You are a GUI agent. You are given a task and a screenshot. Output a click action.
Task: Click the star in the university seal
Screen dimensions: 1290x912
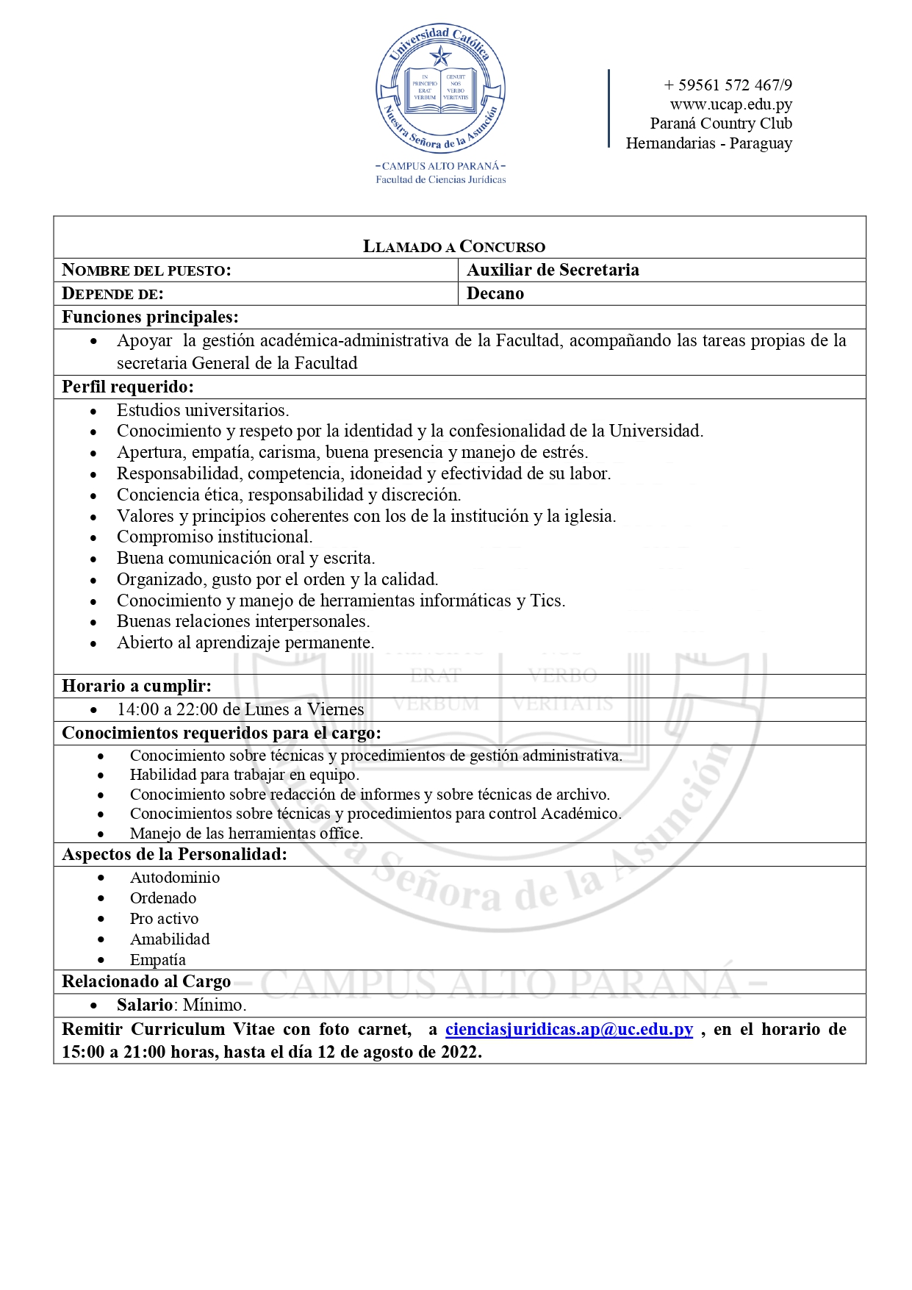click(440, 56)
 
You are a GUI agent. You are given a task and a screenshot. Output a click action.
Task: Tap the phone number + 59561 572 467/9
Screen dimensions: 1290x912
click(728, 85)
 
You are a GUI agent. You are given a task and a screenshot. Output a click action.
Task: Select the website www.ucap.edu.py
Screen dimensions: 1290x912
click(730, 104)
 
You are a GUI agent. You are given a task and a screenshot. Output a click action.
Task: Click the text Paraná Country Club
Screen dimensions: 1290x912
click(721, 123)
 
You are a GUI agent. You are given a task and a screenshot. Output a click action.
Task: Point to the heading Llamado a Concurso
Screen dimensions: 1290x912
click(454, 246)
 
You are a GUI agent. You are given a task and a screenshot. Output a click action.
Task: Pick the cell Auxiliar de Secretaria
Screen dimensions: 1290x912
click(553, 270)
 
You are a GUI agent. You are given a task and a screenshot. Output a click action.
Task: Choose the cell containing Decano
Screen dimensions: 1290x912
click(495, 293)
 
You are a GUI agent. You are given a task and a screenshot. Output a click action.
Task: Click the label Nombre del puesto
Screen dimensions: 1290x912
click(146, 270)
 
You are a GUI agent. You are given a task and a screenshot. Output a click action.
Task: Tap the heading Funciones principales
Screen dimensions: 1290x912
click(150, 317)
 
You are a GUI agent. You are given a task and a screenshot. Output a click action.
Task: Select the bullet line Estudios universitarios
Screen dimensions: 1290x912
click(203, 410)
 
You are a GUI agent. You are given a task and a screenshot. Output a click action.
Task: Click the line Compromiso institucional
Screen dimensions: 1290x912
click(215, 537)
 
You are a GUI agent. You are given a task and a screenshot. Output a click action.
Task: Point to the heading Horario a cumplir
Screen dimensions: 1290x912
click(137, 686)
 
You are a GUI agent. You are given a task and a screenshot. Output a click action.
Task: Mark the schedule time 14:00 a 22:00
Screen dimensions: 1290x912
click(168, 709)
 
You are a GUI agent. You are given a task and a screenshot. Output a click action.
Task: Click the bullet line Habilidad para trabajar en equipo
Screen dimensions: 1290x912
click(245, 775)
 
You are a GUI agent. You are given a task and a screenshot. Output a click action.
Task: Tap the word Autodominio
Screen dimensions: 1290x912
click(175, 878)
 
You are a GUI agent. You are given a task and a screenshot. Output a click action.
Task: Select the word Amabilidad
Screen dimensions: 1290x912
click(170, 939)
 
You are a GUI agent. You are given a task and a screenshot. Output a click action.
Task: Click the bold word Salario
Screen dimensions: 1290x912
click(145, 1005)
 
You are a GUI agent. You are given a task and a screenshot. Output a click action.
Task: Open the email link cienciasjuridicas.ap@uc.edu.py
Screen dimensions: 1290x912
click(569, 1029)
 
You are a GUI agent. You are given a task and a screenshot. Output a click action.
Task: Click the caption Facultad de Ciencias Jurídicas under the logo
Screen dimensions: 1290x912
click(441, 179)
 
